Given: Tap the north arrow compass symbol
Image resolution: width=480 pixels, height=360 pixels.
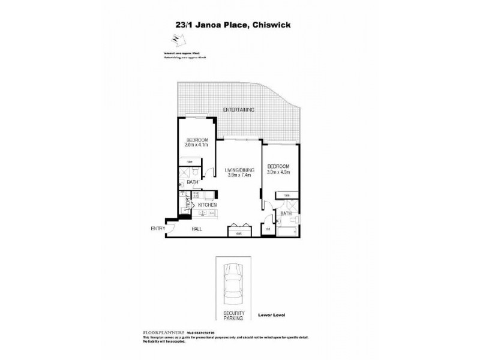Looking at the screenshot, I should pos(176,40).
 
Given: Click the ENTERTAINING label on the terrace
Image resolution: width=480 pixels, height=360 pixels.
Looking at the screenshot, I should pos(239,110).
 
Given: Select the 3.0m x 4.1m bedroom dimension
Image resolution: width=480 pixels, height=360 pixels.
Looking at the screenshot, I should pos(196,145).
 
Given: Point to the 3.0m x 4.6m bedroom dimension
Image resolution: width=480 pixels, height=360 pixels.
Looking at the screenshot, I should pos(278,172).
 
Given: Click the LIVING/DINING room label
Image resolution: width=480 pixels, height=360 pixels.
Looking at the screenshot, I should pos(239,171).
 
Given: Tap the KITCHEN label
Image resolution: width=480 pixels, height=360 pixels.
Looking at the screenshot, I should pos(207,205).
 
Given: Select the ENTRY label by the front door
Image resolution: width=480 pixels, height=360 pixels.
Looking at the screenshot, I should pos(157,229).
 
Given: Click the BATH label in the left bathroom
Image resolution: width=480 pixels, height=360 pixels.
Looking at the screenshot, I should pos(193,182).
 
